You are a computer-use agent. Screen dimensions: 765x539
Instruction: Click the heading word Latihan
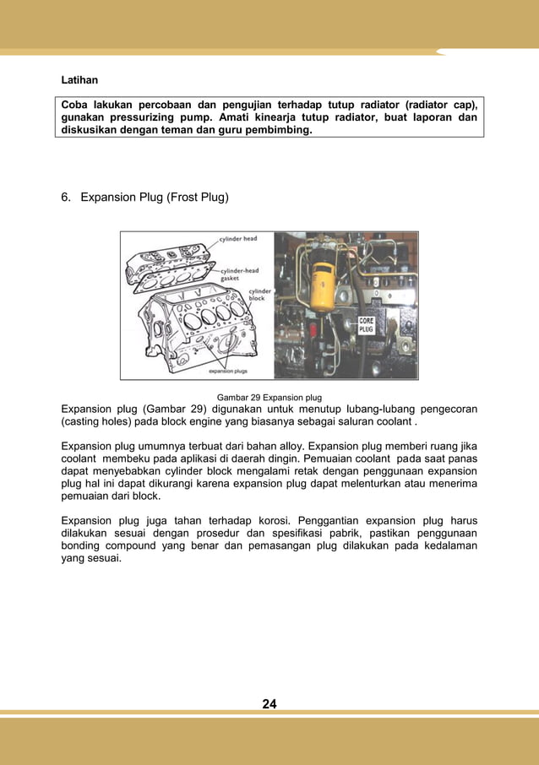[x=79, y=80]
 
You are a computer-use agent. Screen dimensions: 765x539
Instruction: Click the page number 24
[x=269, y=704]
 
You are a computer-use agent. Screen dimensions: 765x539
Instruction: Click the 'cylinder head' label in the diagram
[x=238, y=239]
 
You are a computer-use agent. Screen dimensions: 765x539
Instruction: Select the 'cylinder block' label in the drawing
[x=257, y=294]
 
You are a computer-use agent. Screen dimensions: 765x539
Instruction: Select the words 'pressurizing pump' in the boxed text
[x=157, y=118]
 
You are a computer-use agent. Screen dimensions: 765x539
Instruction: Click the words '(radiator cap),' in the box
[x=435, y=105]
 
